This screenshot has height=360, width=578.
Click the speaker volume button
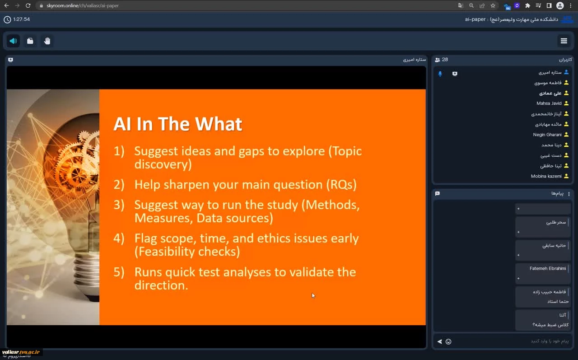[13, 41]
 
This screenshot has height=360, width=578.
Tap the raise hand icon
[47, 41]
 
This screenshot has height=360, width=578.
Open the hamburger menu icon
[564, 41]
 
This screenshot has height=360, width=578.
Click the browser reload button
[28, 5]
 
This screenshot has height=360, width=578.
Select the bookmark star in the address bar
[493, 5]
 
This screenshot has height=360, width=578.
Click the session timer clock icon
[7, 19]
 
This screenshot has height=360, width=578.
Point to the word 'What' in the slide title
[218, 124]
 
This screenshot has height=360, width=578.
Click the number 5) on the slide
[119, 272]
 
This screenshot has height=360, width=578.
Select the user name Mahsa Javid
[549, 103]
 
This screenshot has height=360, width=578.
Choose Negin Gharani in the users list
[547, 135]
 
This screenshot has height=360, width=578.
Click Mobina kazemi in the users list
[546, 176]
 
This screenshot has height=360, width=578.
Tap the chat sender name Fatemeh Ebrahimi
[548, 268]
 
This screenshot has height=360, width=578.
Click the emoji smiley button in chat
[448, 341]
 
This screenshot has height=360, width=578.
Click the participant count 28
[445, 60]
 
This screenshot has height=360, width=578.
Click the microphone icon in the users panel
[440, 74]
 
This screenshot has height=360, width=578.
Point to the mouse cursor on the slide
[313, 295]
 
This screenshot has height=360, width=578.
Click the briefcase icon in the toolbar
[30, 41]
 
